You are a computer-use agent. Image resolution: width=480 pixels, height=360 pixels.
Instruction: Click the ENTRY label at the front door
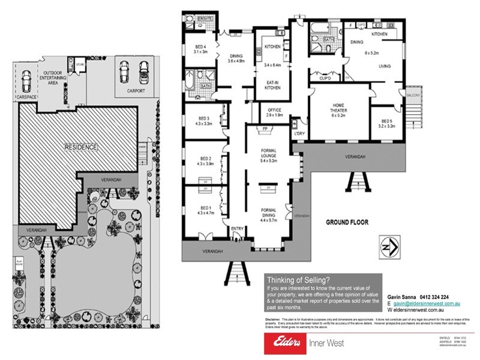coord(236,229)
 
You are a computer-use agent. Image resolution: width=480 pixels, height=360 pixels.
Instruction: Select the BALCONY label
coord(412,94)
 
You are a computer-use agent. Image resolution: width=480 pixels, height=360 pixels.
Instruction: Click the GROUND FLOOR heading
coord(347,221)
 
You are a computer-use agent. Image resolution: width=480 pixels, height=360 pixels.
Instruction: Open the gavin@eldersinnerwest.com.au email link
coord(423,304)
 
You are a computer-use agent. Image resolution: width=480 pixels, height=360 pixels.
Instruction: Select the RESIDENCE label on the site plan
coord(82,146)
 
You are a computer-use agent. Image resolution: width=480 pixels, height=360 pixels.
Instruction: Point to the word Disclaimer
coord(274,318)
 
